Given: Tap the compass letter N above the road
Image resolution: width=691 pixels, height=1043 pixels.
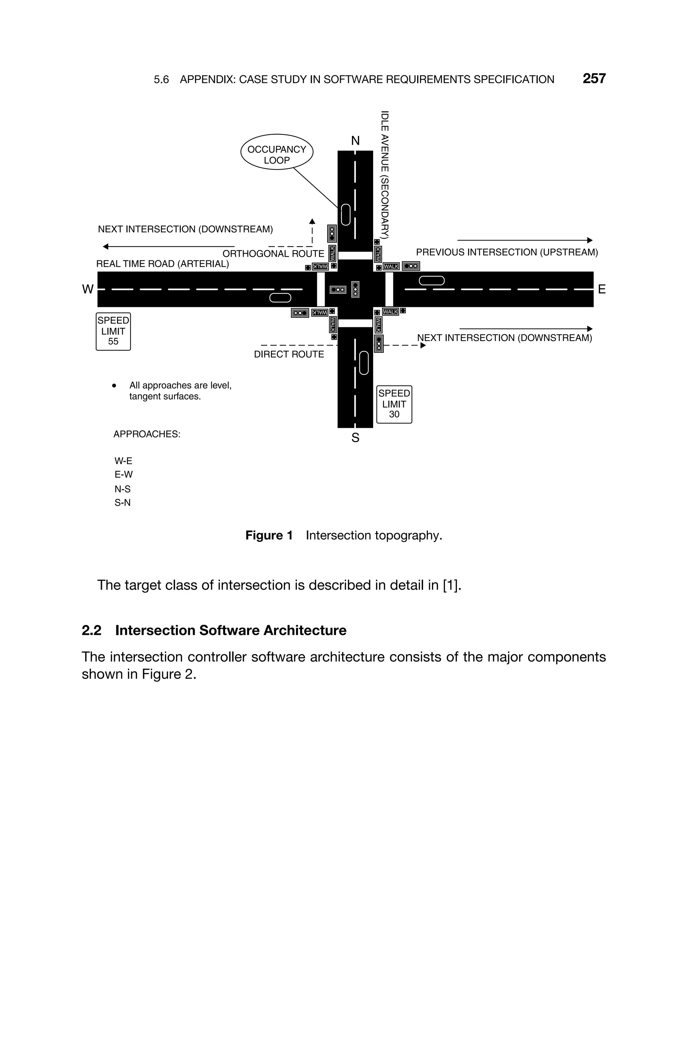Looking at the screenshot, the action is [355, 141].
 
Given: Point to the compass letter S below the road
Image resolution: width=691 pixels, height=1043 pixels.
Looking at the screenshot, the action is [355, 438].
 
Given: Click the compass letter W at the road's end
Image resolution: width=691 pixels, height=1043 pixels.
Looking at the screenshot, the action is [88, 289].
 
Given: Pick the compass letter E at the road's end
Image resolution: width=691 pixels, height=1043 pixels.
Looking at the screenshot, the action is [602, 289].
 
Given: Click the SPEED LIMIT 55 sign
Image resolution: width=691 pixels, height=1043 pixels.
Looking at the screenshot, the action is [113, 331].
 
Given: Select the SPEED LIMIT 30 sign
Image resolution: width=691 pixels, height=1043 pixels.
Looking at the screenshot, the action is [394, 404].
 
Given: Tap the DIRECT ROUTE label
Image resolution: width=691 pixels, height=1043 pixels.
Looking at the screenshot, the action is [289, 355].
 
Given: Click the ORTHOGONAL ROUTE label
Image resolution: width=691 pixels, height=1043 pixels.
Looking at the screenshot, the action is [273, 254].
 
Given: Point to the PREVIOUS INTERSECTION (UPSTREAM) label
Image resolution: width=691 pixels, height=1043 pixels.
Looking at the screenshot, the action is [507, 252].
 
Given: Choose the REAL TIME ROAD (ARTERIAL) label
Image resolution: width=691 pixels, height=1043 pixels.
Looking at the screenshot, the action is [163, 264].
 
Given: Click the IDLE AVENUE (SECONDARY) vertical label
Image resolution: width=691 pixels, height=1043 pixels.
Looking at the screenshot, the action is [385, 174].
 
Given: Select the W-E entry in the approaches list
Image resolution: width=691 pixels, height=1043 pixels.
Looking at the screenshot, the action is [123, 461].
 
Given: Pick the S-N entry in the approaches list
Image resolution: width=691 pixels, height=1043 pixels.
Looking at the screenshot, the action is [122, 503].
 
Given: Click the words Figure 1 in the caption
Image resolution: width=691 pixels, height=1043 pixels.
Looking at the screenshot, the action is [269, 536].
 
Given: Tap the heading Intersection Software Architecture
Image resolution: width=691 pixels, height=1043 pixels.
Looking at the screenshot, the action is [230, 630].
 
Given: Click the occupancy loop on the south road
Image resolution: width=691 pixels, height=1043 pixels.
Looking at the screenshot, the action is [364, 363].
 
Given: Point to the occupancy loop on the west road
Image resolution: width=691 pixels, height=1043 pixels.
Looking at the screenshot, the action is [280, 298].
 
